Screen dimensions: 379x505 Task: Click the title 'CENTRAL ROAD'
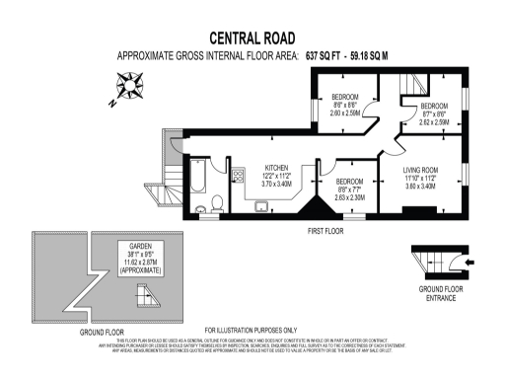click(x=252, y=37)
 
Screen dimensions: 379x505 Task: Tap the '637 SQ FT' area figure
click(x=328, y=56)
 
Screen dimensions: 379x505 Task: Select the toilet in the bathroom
click(x=201, y=207)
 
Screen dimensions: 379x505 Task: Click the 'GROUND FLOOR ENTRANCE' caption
click(x=434, y=293)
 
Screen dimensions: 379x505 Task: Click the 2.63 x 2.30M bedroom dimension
click(x=349, y=197)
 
